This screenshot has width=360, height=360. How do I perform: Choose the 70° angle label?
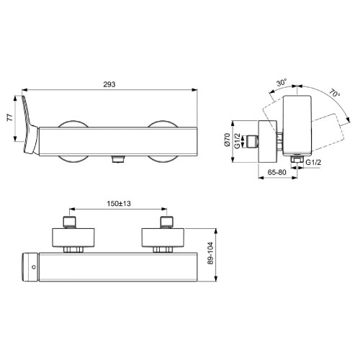pyautogui.click(x=333, y=93)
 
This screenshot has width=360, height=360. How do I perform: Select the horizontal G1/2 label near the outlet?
pyautogui.click(x=315, y=163)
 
